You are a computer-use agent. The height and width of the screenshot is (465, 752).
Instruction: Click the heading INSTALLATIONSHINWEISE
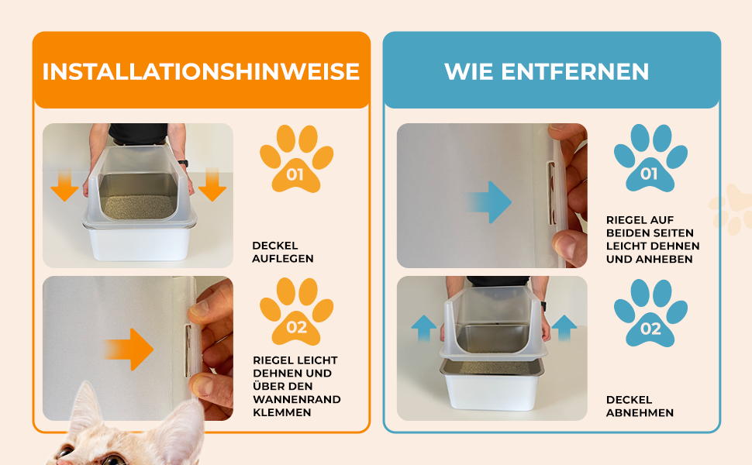tap(201, 71)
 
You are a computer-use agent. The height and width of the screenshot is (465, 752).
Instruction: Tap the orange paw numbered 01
tap(296, 159)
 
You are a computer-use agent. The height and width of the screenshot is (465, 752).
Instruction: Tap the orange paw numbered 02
tap(296, 312)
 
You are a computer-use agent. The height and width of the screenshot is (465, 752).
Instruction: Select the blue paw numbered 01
tap(650, 158)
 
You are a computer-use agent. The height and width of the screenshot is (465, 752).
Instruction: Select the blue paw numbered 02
tap(650, 313)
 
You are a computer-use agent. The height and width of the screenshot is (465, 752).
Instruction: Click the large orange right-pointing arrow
tap(129, 349)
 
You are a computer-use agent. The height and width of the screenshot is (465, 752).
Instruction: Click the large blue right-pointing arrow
tap(488, 201)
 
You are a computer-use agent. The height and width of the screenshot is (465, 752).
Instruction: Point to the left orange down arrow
tap(64, 184)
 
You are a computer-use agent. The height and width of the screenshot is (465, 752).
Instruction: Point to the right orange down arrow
tap(212, 184)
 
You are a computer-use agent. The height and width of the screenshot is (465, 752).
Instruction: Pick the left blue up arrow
tap(424, 329)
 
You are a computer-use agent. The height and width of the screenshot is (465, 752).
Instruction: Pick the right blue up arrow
tap(564, 329)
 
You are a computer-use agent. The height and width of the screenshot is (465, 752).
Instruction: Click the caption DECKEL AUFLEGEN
tap(283, 252)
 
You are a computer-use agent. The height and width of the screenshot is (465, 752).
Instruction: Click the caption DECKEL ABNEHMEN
tap(640, 407)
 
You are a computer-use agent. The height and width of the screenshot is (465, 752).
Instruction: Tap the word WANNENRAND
tap(297, 399)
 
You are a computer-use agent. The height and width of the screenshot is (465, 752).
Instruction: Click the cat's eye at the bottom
tap(113, 460)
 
